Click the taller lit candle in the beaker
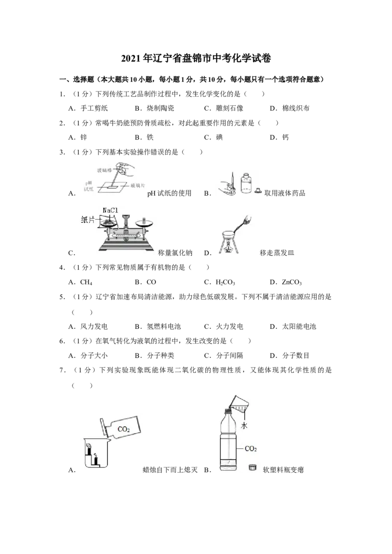pos(91,456)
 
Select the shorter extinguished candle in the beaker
pos(96,461)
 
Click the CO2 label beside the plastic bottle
pos(250,448)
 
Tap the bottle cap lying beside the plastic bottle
pos(253,467)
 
